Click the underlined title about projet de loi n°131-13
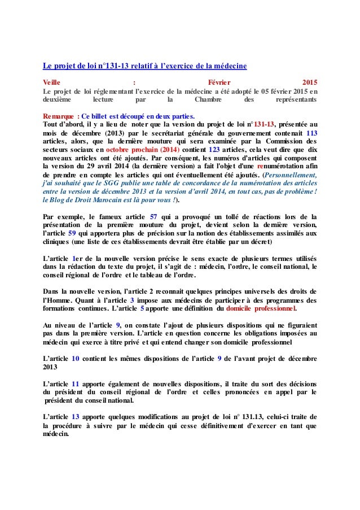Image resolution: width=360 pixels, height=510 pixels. click(x=145, y=66)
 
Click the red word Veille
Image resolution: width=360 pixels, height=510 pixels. click(x=54, y=81)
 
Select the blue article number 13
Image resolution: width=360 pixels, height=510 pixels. click(x=76, y=417)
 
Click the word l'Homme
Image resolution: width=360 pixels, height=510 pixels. click(x=57, y=300)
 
